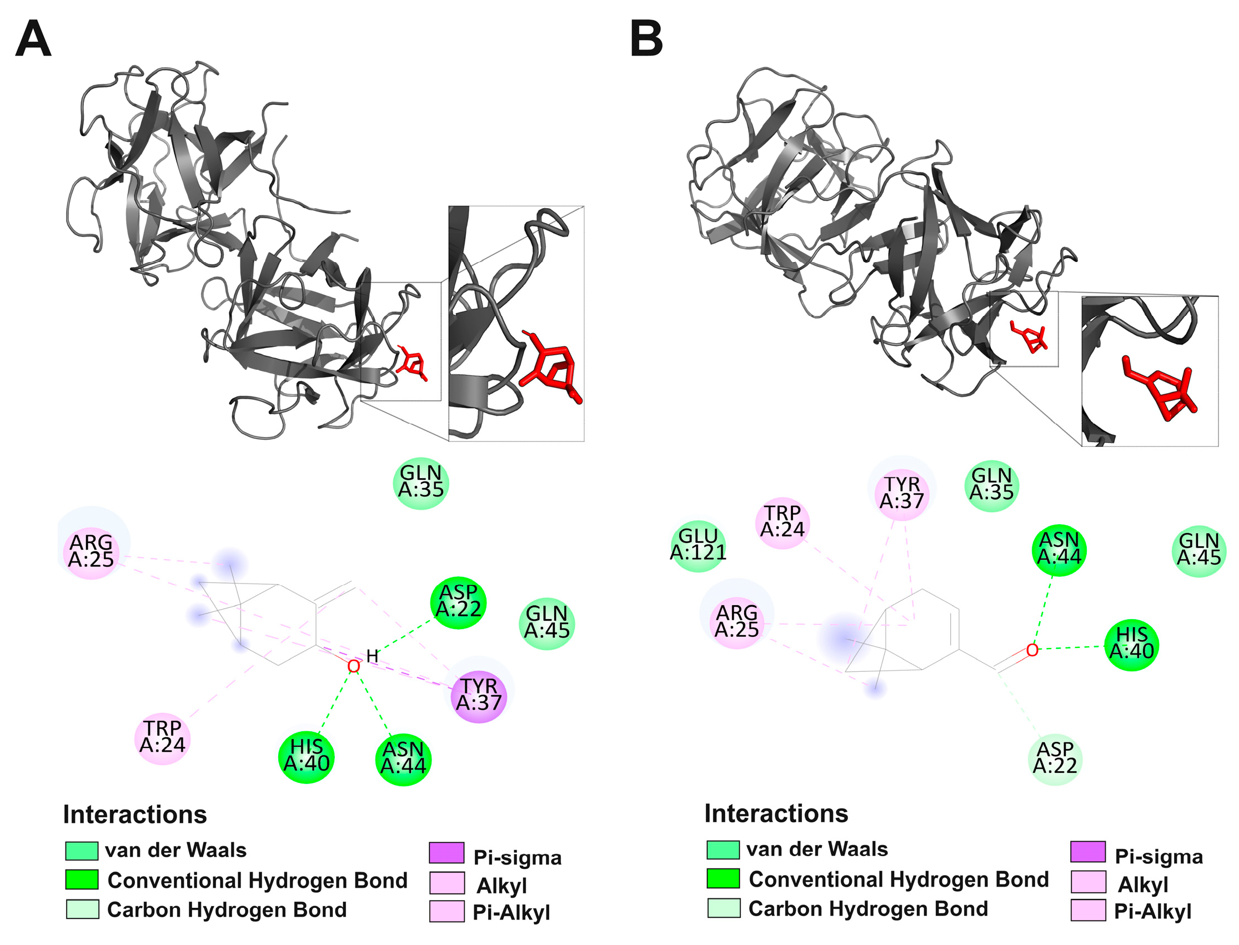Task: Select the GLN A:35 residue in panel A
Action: [421, 482]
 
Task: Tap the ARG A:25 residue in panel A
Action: [91, 552]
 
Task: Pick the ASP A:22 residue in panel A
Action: [459, 602]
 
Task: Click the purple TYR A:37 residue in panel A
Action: [479, 695]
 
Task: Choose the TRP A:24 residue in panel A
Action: [163, 737]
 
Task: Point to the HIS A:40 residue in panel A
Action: [307, 756]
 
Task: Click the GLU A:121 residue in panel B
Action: [698, 545]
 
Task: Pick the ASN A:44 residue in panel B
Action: [1059, 550]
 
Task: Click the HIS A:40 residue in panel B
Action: [1131, 644]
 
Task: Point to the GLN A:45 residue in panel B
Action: [1199, 551]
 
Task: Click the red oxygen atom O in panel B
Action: [1032, 650]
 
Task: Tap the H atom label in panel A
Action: [372, 656]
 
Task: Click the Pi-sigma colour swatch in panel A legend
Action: [447, 853]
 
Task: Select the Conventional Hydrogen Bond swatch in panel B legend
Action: [723, 878]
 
